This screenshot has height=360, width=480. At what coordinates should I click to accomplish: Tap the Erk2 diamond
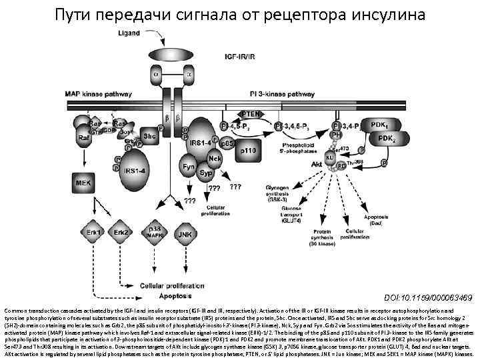pyautogui.click(x=121, y=233)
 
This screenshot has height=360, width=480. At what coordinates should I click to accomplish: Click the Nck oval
pyautogui.click(x=215, y=158)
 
